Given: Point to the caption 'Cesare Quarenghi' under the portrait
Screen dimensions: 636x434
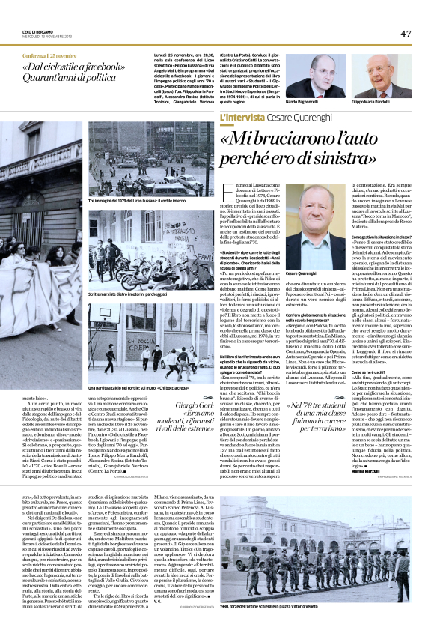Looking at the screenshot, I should coord(302,277).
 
